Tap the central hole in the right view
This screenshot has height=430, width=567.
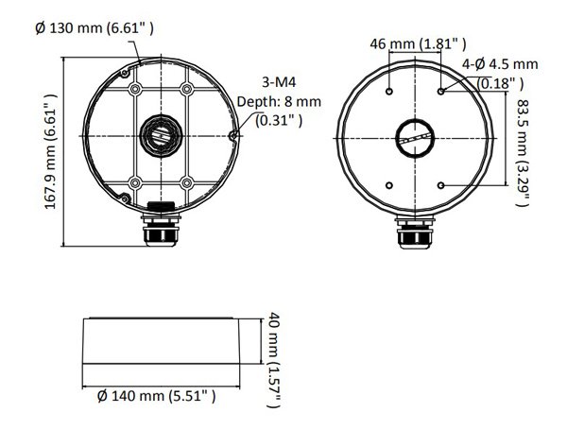coord(417,138)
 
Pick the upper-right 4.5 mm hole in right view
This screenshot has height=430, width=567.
coord(442,92)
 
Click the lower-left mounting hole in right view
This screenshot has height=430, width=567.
coord(390,184)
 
